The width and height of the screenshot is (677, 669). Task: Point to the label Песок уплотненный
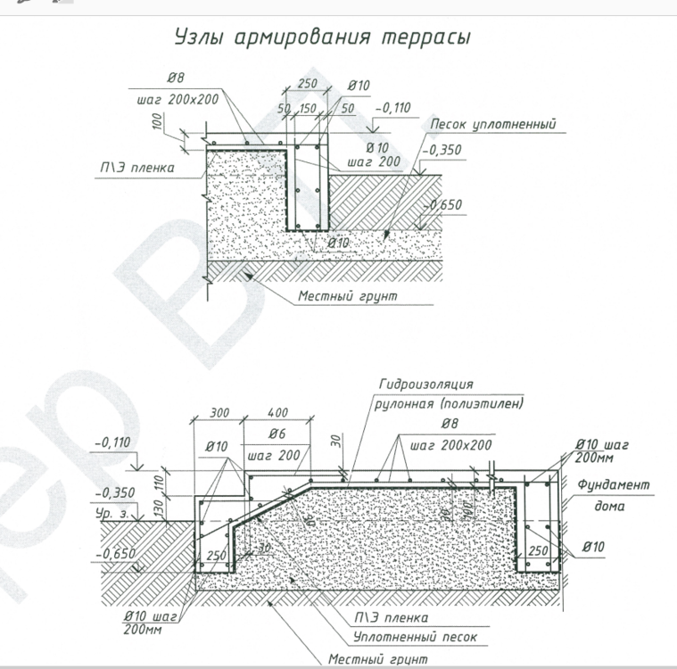[x=493, y=124]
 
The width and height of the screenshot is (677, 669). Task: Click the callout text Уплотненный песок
[x=415, y=638]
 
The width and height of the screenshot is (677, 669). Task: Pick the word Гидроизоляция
[x=425, y=384]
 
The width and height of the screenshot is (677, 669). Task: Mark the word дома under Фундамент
[x=610, y=506]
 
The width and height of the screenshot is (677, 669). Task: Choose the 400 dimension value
[x=278, y=413]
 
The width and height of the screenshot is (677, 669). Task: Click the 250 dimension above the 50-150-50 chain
[x=309, y=83]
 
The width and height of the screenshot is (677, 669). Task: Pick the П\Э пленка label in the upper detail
[x=136, y=167]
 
